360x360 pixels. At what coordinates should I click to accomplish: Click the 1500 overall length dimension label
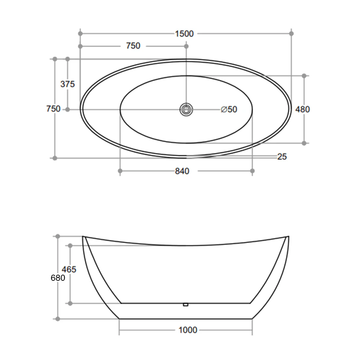pos(184,34)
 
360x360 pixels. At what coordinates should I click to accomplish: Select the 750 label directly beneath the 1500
pos(133,46)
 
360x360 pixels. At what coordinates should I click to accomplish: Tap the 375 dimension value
pos(68,84)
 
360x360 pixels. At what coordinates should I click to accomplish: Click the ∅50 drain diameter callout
pos(229,109)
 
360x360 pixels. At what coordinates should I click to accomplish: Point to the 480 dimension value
pos(302,109)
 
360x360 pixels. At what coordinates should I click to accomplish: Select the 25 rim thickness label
pos(282,157)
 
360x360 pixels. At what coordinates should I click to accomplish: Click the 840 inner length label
pos(182,171)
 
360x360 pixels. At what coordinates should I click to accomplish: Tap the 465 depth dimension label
pos(69,269)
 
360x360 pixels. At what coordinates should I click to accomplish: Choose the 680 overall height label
pos(58,278)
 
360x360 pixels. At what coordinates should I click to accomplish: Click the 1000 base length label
pos(188,330)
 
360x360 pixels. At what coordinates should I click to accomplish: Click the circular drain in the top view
pos(186,109)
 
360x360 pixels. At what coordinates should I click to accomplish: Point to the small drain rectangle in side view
pos(186,305)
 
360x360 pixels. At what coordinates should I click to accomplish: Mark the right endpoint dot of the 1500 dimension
pos(292,33)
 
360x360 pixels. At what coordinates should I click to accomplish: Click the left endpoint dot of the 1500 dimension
pos(80,33)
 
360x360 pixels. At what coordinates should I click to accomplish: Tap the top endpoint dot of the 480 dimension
pos(304,76)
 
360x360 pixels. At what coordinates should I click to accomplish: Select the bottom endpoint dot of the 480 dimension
pos(304,143)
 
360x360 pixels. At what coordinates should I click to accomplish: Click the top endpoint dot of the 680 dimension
pos(58,236)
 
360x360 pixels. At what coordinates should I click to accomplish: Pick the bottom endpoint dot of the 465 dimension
pos(70,303)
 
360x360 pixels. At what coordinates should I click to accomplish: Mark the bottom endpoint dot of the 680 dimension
pos(58,319)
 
